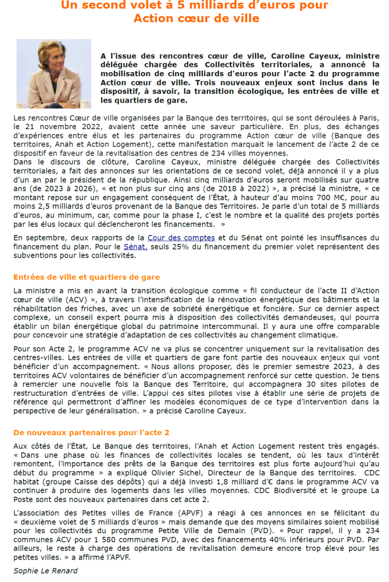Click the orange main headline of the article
195,11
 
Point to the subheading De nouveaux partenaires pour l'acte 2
91,433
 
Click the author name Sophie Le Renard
46,571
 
